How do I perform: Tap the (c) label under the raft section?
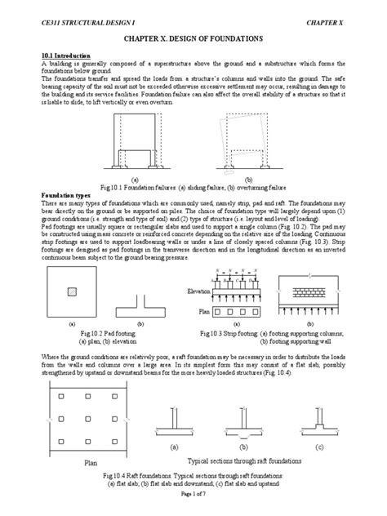tap(318, 447)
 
